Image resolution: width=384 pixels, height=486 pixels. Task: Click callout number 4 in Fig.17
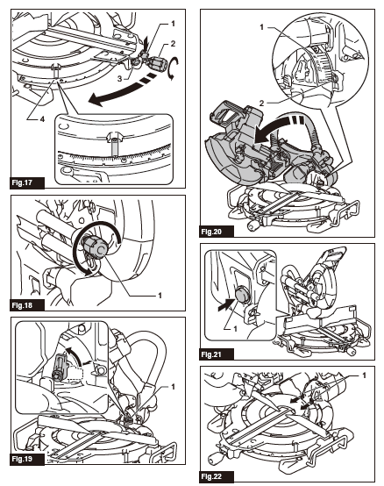pyautogui.click(x=42, y=118)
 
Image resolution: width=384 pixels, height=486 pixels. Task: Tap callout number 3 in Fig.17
pyautogui.click(x=120, y=79)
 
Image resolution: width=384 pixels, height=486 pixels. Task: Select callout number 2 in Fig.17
pyautogui.click(x=173, y=44)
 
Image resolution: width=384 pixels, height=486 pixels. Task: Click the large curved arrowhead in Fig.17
pyautogui.click(x=96, y=100)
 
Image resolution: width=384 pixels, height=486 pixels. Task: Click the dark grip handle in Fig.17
pyautogui.click(x=158, y=62)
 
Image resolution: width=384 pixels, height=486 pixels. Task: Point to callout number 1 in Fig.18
pyautogui.click(x=160, y=296)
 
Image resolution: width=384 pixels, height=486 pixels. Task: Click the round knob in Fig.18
pyautogui.click(x=96, y=247)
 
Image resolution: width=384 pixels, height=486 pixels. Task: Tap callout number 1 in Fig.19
pyautogui.click(x=173, y=387)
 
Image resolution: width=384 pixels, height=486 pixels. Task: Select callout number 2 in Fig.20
pyautogui.click(x=261, y=104)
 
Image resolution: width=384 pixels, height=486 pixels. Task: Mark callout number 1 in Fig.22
pyautogui.click(x=364, y=375)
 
